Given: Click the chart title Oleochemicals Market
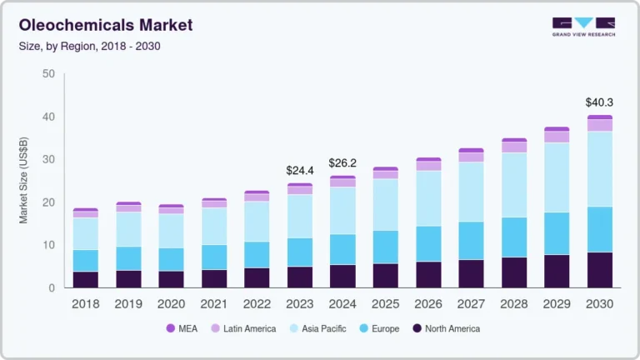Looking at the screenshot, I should (105, 25).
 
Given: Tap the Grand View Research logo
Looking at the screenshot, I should (583, 27).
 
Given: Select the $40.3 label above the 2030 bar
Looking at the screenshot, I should (598, 102).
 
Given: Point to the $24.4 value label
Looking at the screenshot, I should (300, 171).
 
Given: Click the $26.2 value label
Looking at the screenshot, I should (342, 162).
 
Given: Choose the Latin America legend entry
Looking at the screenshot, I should (242, 328).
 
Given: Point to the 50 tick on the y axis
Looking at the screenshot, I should (48, 74).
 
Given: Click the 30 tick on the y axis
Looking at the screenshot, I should (48, 160).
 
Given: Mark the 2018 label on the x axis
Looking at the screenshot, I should (85, 304).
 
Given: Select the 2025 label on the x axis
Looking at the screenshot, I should (385, 304).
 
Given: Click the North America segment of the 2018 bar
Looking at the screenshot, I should (85, 280).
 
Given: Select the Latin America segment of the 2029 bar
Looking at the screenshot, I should (556, 137).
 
